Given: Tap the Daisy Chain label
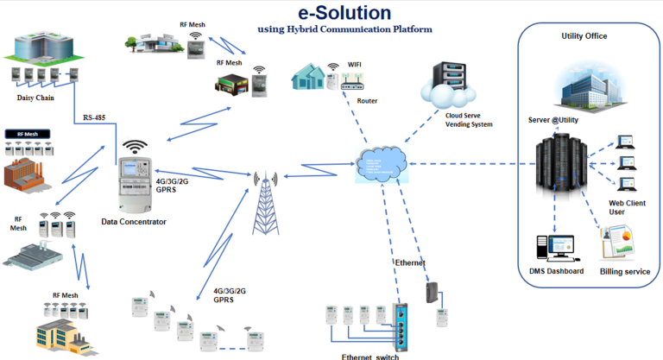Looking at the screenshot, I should [36, 98].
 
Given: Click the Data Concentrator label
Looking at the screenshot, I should [134, 222].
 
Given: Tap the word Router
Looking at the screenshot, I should [367, 101].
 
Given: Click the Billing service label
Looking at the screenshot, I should [624, 271].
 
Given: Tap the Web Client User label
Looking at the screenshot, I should [628, 207].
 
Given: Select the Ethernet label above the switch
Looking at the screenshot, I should [411, 262].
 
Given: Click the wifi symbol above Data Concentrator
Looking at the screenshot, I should [135, 148].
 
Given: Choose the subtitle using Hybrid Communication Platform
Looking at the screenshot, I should [345, 29].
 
